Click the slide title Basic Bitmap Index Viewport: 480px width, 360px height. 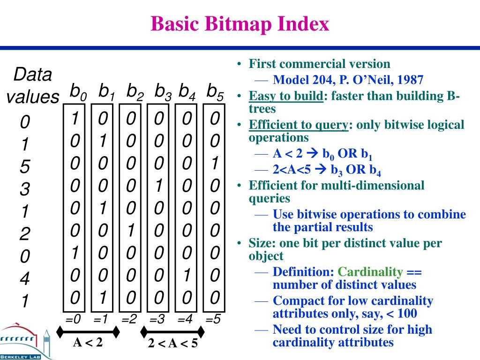coord(240,23)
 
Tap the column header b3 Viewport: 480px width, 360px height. coord(163,91)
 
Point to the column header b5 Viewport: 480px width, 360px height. coord(215,91)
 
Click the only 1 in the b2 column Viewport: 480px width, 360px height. coord(131,230)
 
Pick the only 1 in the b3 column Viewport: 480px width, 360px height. coord(159,186)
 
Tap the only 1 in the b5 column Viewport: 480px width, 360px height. coord(214,163)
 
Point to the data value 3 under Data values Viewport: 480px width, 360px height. coord(25,190)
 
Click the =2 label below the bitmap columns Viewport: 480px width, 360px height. coord(129,320)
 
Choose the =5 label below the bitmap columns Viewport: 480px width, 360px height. coord(213,320)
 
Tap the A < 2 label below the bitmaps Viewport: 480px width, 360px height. coord(88,343)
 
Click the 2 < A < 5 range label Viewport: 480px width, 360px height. coord(173,344)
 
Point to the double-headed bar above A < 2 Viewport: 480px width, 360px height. coord(88,331)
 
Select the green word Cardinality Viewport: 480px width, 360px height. coord(370,272)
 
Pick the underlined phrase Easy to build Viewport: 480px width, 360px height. coord(286,97)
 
